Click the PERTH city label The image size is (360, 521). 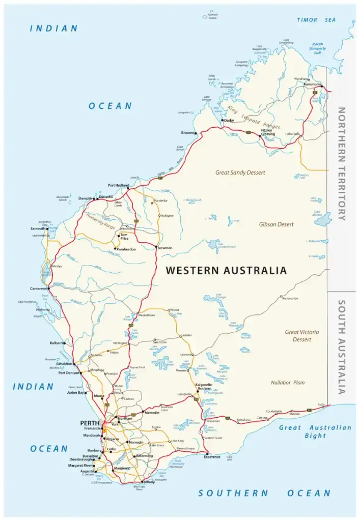pos(89,423)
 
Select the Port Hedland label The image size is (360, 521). pos(118,185)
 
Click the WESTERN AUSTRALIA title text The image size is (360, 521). pos(226,271)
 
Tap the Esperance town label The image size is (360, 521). pos(211,457)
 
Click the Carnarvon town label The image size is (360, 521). pos(39,288)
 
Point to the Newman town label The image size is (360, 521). pos(165,248)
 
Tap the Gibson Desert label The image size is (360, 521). pos(276,224)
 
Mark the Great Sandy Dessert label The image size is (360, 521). pos(240,172)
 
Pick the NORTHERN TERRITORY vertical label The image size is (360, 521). pos(342,163)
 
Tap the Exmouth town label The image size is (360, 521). pos(38,228)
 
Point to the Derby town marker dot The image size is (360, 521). pos(222,120)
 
